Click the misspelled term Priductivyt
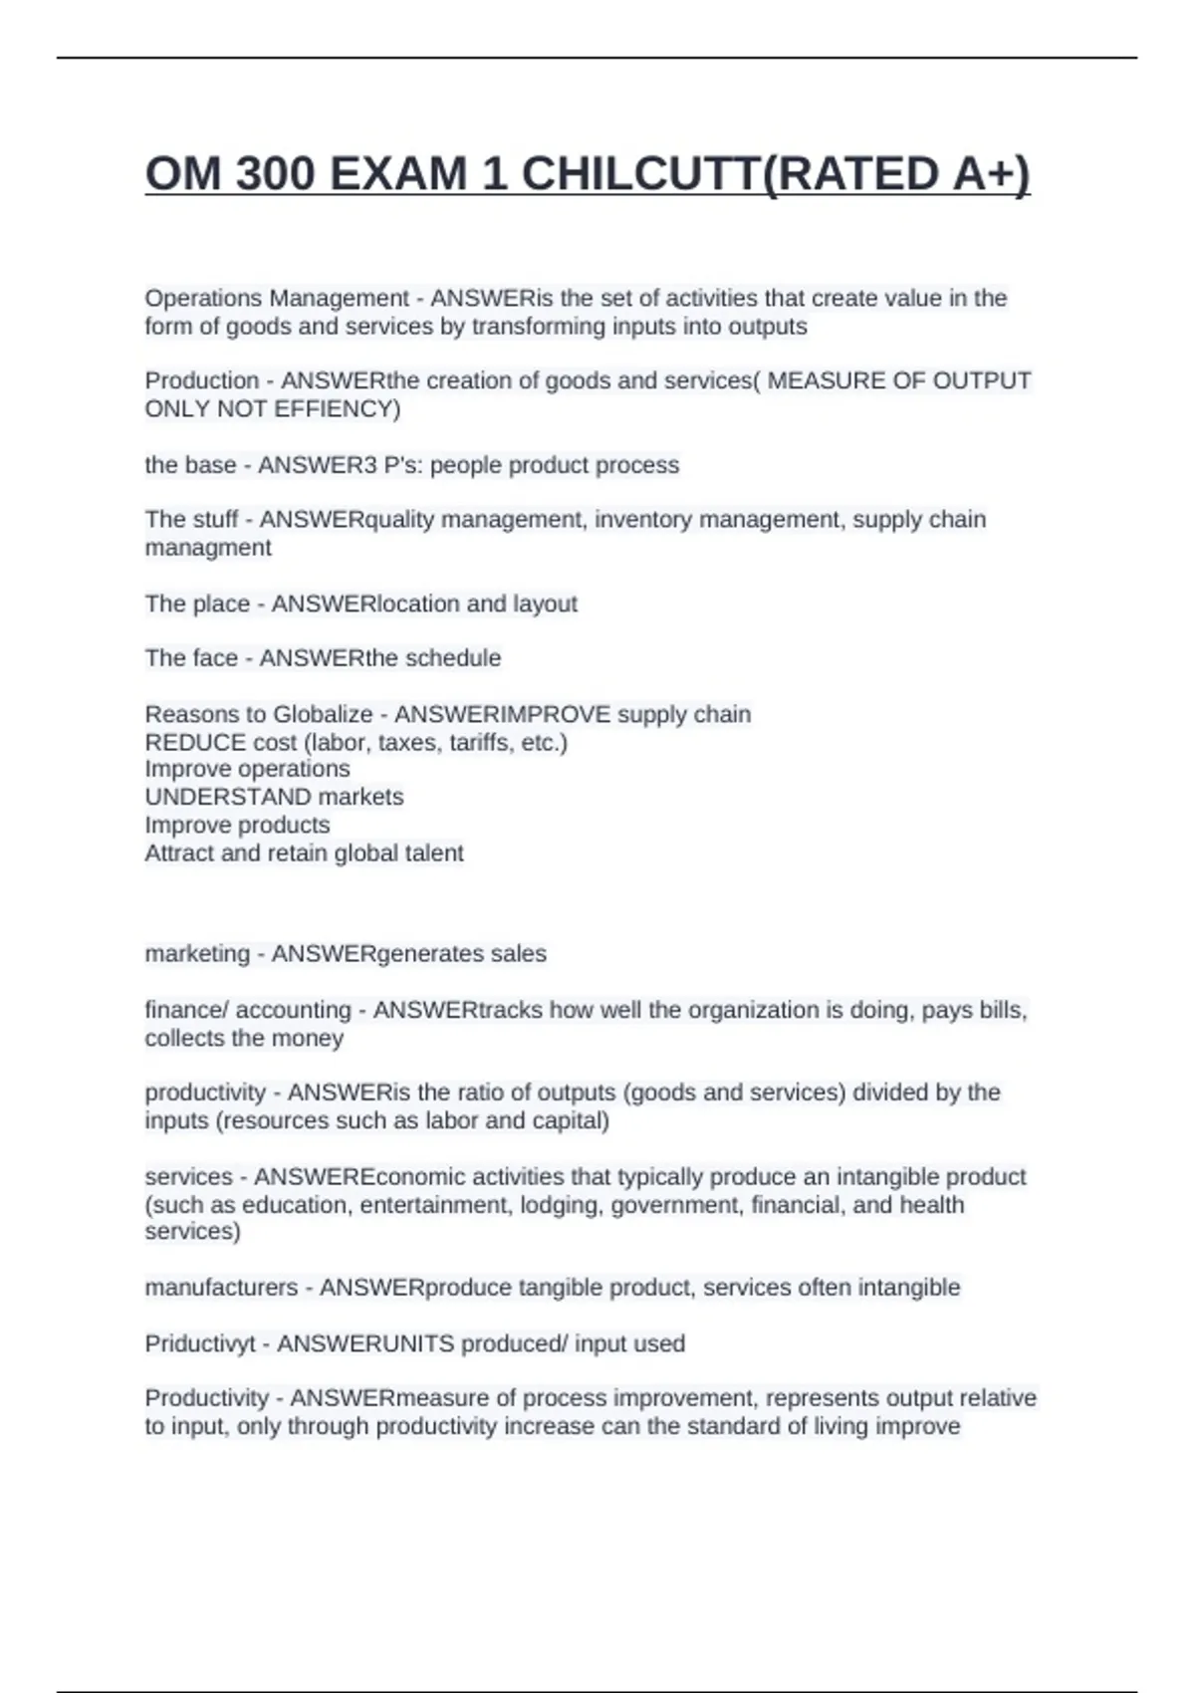[x=199, y=1344]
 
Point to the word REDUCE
[x=195, y=743]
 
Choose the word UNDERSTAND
[x=228, y=798]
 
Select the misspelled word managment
[x=207, y=549]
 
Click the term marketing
[x=197, y=954]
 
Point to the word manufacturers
[x=221, y=1288]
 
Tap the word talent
[x=435, y=853]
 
